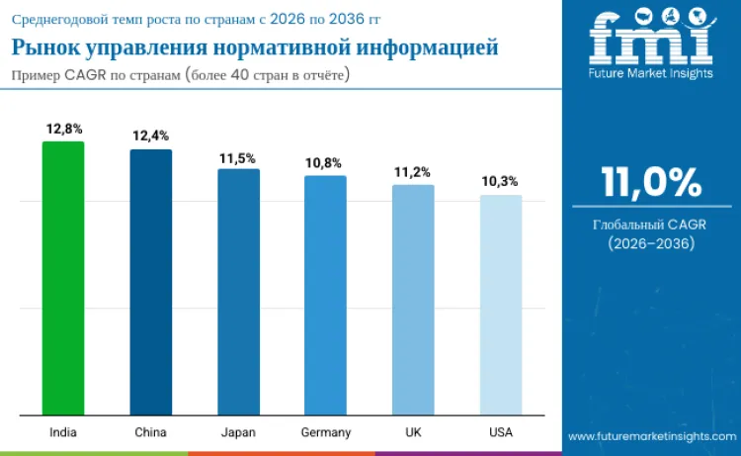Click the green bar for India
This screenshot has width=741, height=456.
(x=63, y=278)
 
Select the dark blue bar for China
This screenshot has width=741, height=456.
(x=151, y=282)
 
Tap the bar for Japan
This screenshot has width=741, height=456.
(x=238, y=292)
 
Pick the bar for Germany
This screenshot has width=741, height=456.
(x=325, y=295)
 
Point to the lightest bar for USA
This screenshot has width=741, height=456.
(x=501, y=305)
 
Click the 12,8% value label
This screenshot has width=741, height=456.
(x=64, y=129)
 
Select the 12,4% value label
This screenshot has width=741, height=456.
(x=151, y=136)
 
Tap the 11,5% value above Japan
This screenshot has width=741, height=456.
(x=238, y=157)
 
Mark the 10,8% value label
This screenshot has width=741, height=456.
(x=325, y=163)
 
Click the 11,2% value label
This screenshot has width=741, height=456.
(x=413, y=172)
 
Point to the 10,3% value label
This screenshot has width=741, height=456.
(x=501, y=182)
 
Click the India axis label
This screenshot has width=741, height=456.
(x=63, y=432)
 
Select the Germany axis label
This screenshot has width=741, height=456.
(x=325, y=432)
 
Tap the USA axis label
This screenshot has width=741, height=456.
(x=501, y=432)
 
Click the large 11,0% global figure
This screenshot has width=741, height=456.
(x=651, y=183)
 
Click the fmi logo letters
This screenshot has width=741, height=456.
(x=650, y=41)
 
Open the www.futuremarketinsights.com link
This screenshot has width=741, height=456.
(x=651, y=435)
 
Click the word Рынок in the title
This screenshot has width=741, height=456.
(x=41, y=47)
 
